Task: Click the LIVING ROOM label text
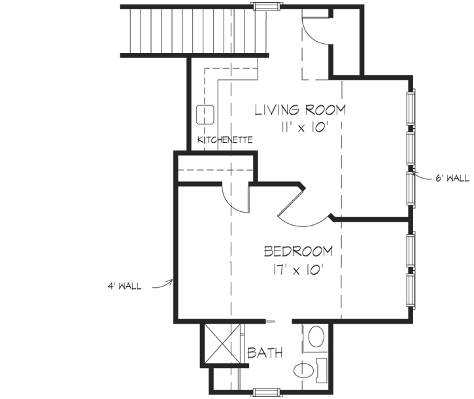tap(300, 109)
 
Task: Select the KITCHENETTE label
tap(225, 141)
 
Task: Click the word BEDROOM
tap(297, 251)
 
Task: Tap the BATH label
tap(265, 353)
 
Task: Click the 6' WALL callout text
tap(452, 178)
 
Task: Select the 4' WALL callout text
tap(126, 286)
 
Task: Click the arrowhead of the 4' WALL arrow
tap(172, 281)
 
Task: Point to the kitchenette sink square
tap(205, 115)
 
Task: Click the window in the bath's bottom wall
tap(265, 392)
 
